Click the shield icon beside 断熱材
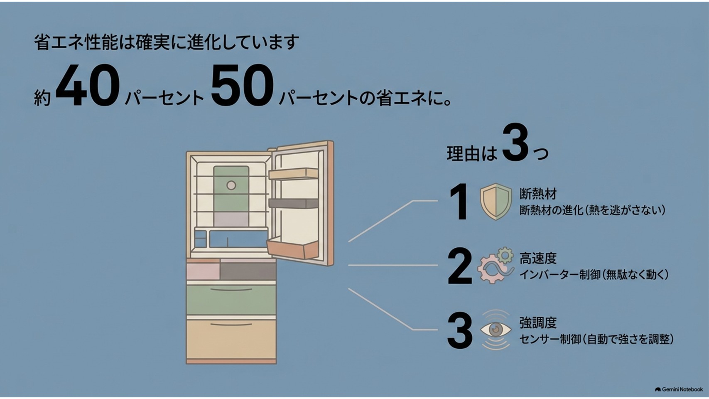point(496,202)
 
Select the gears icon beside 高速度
point(496,265)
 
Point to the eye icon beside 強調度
point(496,330)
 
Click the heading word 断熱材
point(538,194)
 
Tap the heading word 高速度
point(538,259)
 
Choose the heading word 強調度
point(538,323)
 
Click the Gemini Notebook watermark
point(679,389)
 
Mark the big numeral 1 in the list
point(459,202)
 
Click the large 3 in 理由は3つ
point(515,143)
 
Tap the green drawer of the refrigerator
point(231,300)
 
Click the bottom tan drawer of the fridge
point(231,339)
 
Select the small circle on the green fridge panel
point(231,185)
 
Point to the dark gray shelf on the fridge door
point(293,203)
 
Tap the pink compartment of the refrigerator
point(203,271)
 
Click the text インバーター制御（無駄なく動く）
point(594,275)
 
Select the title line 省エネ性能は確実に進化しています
point(166,42)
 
